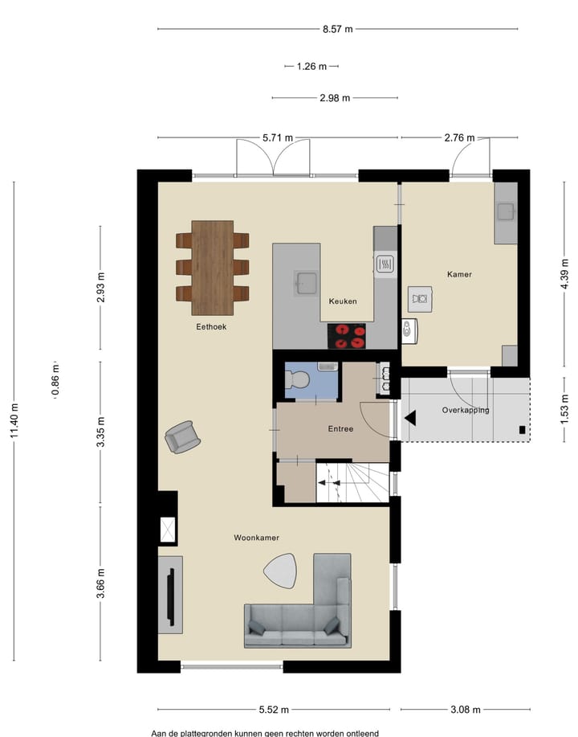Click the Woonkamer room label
tap(256, 537)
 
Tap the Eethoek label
tap(211, 327)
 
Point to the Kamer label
tap(459, 274)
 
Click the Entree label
tap(340, 429)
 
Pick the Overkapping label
tap(466, 410)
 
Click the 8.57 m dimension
tap(337, 29)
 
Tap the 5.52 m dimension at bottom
tap(274, 710)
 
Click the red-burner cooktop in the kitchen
tap(346, 335)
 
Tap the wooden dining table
tap(213, 267)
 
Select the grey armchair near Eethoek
tap(183, 437)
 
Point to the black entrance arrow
tap(410, 418)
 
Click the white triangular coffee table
tap(281, 571)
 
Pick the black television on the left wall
tap(170, 595)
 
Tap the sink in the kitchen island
tap(306, 281)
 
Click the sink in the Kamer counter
tap(506, 212)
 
